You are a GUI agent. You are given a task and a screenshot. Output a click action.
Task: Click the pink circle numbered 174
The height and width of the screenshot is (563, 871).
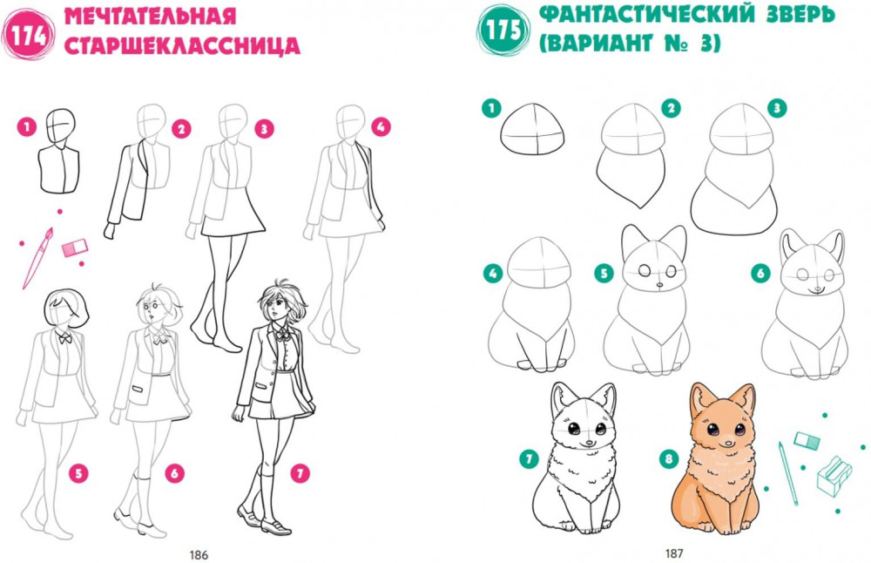[28, 34]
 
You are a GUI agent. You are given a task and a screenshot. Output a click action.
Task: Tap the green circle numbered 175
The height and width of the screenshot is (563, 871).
[503, 30]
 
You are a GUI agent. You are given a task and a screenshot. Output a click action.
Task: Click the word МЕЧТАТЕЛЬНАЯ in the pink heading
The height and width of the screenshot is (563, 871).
[150, 17]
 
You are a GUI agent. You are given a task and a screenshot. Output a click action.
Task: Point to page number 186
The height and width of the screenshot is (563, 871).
[199, 554]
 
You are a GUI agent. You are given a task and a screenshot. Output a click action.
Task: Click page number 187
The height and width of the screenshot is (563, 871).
[674, 553]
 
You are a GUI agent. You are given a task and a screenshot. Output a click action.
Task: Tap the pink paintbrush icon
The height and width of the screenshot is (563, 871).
[37, 258]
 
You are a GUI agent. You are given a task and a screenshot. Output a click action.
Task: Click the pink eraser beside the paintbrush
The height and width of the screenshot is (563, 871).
[75, 248]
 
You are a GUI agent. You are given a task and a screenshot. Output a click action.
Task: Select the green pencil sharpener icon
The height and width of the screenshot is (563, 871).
[834, 476]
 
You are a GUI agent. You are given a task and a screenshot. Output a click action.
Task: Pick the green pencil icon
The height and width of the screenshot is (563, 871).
[788, 473]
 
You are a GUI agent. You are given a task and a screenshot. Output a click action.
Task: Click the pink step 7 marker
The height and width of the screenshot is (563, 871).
[300, 473]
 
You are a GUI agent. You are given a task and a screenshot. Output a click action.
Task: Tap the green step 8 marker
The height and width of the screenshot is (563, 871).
[669, 459]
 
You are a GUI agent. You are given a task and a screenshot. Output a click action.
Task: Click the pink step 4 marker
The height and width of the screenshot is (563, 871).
[381, 127]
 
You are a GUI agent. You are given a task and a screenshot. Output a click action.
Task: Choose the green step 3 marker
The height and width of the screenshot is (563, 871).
[777, 108]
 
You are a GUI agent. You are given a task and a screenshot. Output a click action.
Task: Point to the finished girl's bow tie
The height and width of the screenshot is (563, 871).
[283, 335]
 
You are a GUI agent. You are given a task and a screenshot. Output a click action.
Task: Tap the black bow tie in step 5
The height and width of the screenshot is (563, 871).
[65, 337]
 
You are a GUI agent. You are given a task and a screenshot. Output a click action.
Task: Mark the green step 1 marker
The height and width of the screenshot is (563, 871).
[491, 108]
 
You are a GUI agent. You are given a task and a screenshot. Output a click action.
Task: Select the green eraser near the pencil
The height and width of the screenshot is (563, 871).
[807, 441]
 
